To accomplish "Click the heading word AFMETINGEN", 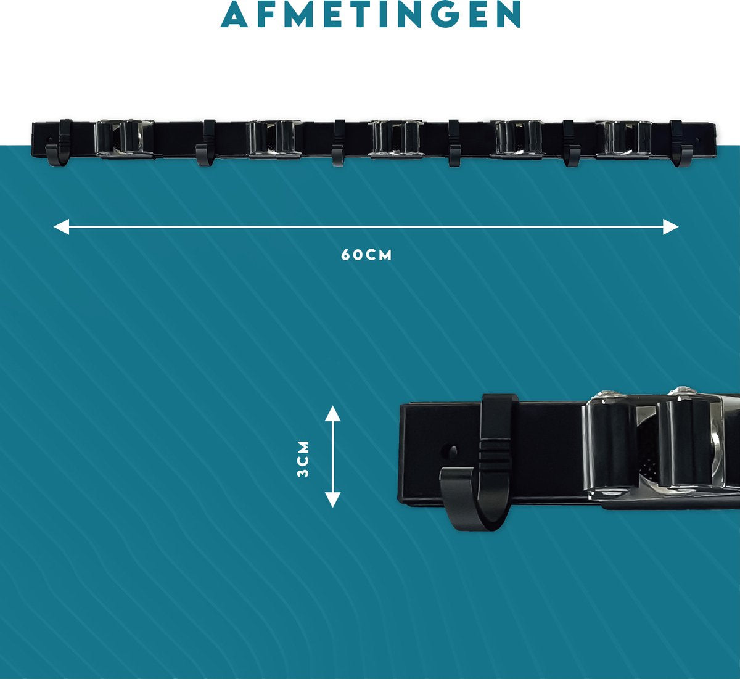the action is (371, 14).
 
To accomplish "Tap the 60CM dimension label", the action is (366, 255).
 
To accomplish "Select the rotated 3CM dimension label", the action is (303, 459).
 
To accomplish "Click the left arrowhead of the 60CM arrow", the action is (61, 226).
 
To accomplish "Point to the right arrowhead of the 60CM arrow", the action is (671, 226).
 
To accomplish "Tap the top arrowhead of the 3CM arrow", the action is (332, 414).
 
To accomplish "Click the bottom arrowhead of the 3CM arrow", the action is (332, 500).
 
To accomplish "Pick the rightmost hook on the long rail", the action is (678, 143).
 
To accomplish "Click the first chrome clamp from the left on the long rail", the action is (123, 139).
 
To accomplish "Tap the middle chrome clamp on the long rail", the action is (396, 139).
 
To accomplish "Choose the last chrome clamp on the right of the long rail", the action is (623, 139).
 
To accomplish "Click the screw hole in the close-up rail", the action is (452, 451).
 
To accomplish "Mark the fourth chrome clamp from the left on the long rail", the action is (518, 139).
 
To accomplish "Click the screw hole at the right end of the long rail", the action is (697, 140).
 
